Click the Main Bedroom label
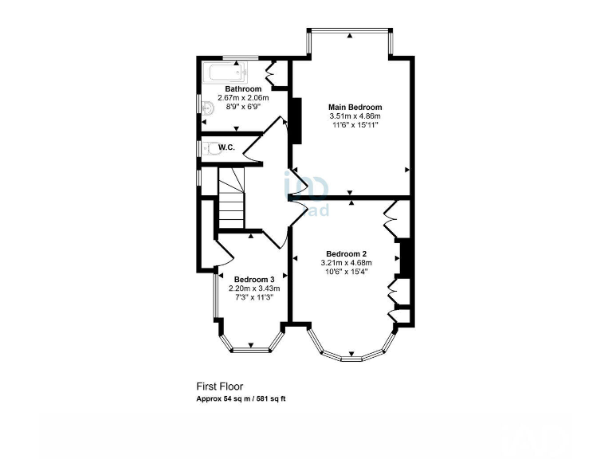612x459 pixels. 355,107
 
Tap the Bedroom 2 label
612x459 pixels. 346,254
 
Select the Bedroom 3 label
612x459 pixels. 254,279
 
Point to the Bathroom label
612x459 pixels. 243,88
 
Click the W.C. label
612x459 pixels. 226,147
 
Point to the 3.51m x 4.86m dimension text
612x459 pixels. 355,116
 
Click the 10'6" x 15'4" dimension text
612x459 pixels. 346,272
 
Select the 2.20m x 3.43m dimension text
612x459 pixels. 254,288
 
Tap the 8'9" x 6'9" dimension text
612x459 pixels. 243,106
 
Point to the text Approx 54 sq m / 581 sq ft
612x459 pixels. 241,398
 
